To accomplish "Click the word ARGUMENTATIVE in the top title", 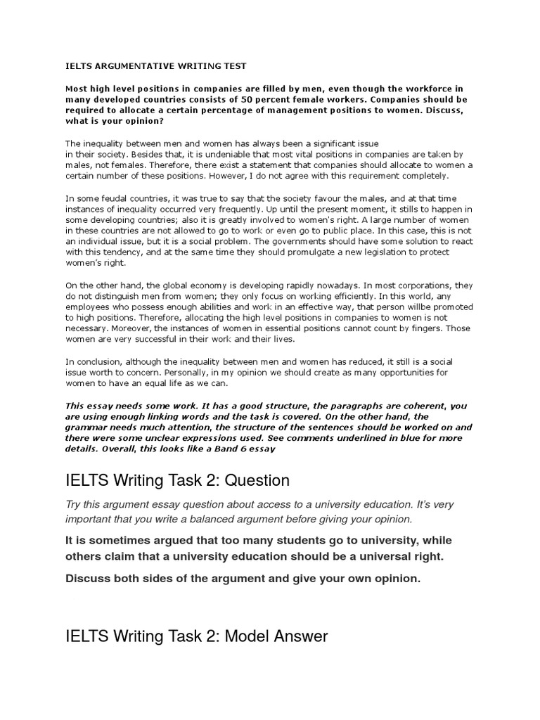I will pos(132,67).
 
